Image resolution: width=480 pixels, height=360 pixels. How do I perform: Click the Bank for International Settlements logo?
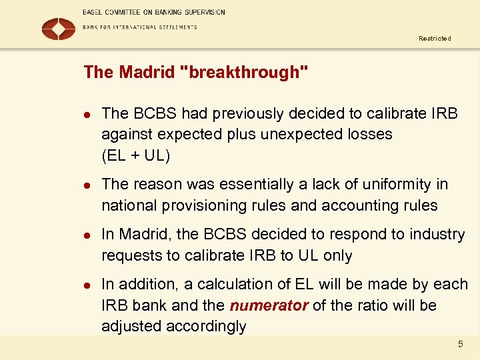point(59,29)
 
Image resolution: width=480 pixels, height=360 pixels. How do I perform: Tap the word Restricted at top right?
point(435,39)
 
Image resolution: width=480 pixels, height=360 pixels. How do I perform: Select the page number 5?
point(460,344)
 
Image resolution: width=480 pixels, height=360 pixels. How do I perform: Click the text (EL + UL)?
point(136,156)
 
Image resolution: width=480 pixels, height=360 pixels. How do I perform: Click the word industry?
point(435,234)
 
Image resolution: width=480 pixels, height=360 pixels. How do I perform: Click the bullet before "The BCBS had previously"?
point(87,114)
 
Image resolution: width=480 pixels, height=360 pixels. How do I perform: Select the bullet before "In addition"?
point(87,285)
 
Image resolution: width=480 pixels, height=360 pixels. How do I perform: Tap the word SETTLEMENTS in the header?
point(173,27)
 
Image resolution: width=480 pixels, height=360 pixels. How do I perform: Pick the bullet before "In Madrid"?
point(87,235)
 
